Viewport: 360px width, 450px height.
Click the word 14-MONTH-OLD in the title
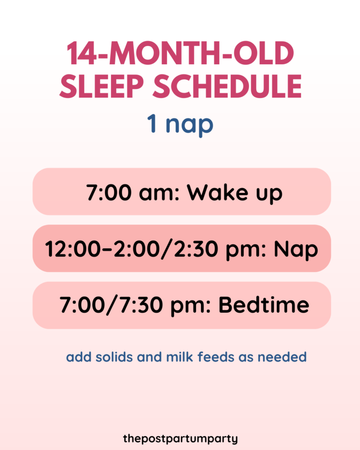[180, 55]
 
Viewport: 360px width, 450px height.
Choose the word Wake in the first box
[216, 193]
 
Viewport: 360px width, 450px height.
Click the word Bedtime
[264, 306]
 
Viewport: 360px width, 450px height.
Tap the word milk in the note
[180, 357]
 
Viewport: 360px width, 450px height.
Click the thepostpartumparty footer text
[180, 439]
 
